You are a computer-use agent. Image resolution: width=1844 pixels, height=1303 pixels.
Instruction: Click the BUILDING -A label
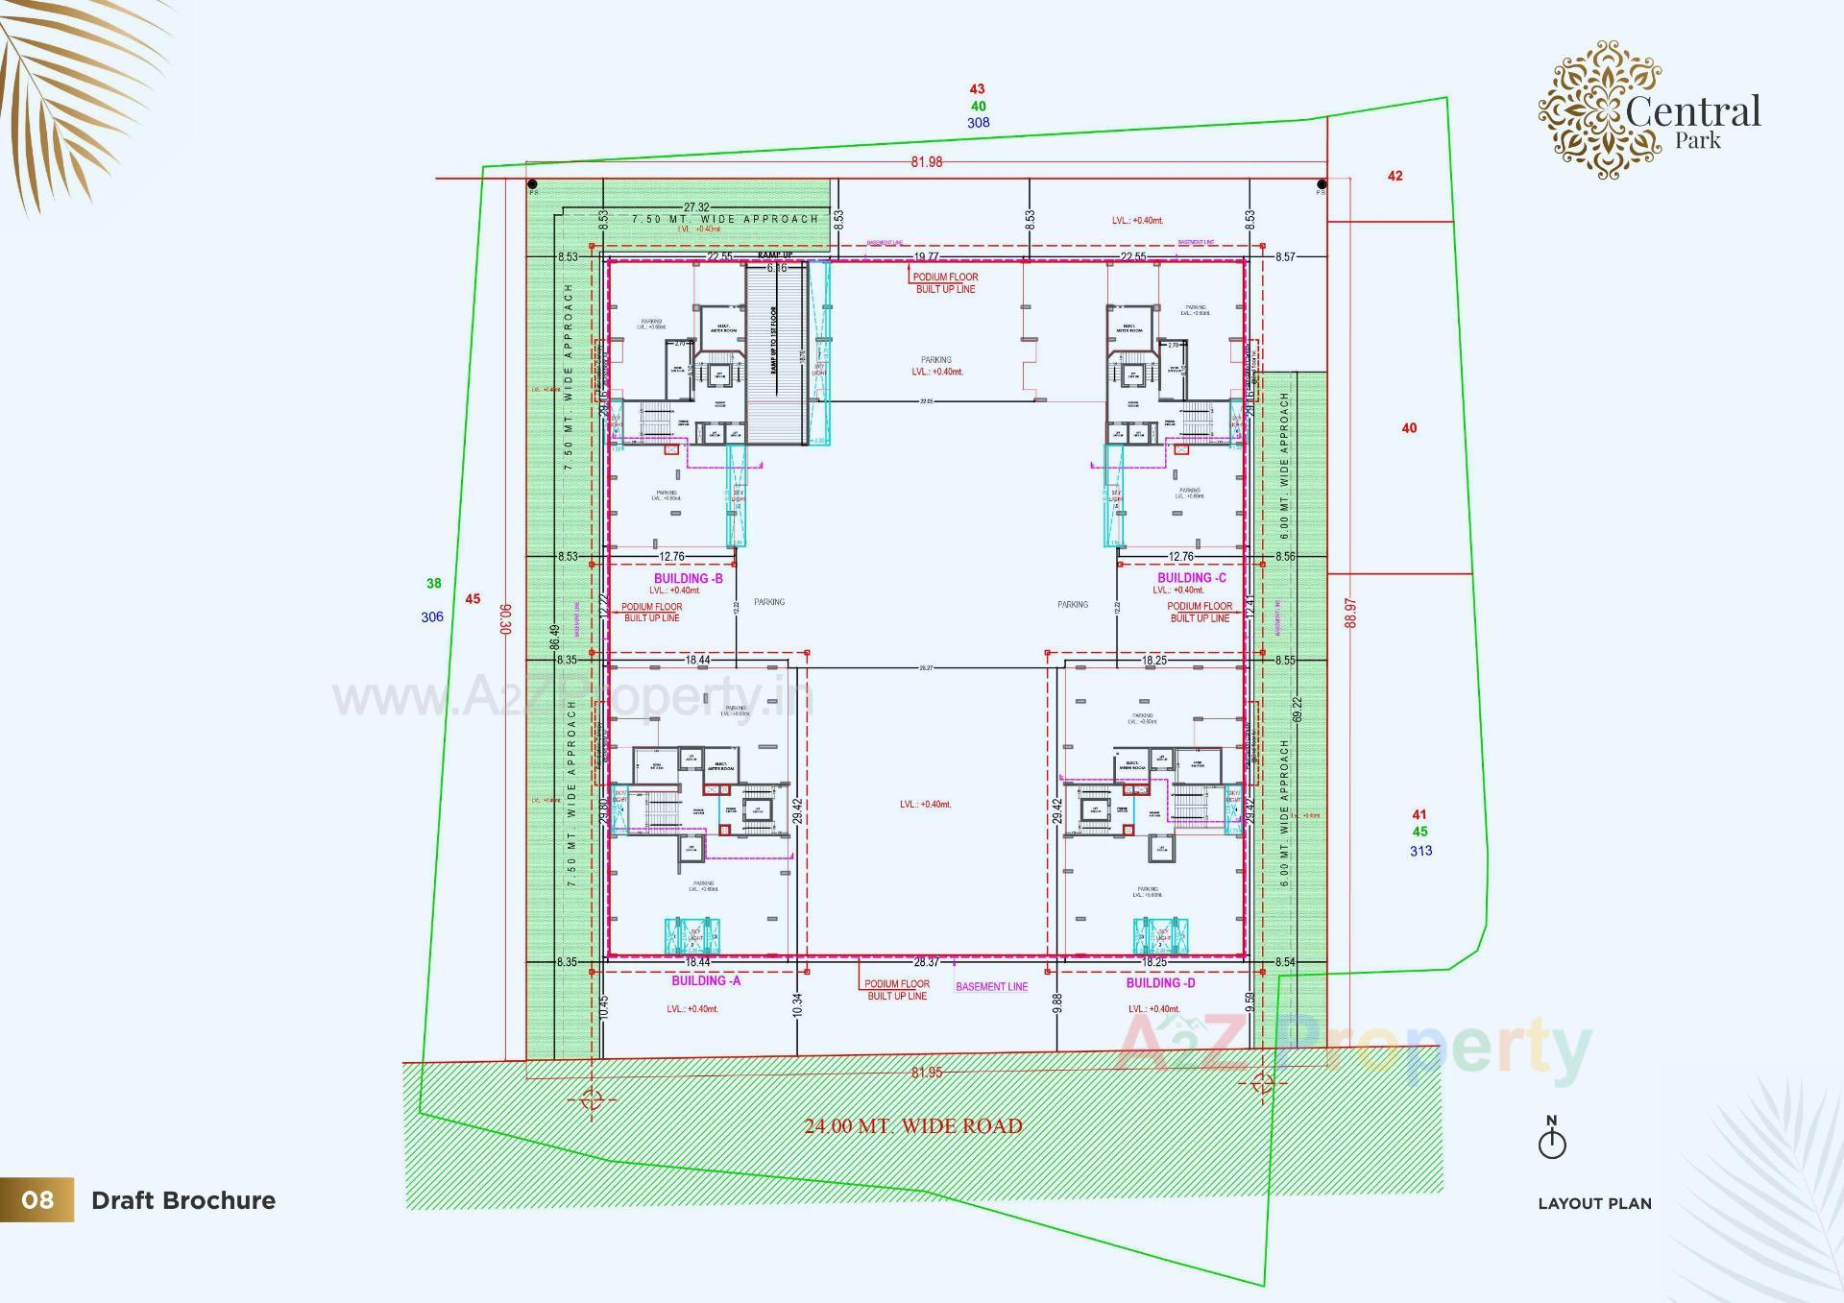(705, 980)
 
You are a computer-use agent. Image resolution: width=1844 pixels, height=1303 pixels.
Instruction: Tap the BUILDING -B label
(688, 578)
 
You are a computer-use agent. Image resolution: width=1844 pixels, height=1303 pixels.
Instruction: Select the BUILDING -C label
(1191, 577)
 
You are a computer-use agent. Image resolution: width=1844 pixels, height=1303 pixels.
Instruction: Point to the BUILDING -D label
(1160, 982)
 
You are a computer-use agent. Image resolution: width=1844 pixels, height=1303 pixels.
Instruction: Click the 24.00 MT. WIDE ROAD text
(912, 1125)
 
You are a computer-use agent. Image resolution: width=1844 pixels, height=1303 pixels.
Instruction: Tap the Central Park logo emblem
(1600, 109)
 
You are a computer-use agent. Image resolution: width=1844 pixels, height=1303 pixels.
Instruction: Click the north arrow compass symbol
(1552, 1139)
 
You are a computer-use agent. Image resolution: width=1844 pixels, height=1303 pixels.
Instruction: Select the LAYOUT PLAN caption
(1594, 1203)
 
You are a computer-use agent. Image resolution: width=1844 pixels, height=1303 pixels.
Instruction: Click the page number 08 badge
(36, 1199)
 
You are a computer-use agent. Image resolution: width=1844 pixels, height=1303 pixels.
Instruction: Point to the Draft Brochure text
(182, 1200)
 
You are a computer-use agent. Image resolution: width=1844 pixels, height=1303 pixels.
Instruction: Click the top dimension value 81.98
(927, 162)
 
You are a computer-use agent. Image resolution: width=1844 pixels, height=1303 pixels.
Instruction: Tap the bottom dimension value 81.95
(927, 1073)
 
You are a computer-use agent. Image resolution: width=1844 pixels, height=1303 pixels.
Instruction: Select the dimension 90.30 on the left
(506, 618)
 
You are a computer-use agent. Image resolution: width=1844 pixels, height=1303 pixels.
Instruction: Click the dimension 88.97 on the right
(1351, 613)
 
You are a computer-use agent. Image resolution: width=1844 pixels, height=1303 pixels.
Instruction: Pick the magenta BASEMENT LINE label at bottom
(991, 986)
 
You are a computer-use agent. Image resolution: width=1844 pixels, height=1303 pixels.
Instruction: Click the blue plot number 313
(1420, 851)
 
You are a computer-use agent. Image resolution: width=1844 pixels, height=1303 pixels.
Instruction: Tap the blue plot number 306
(432, 616)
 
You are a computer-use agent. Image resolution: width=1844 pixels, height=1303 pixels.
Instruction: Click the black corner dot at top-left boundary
(532, 183)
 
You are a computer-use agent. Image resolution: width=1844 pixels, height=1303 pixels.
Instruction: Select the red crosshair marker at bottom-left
(592, 1098)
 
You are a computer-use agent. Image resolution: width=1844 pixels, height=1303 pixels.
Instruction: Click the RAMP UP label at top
(775, 254)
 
